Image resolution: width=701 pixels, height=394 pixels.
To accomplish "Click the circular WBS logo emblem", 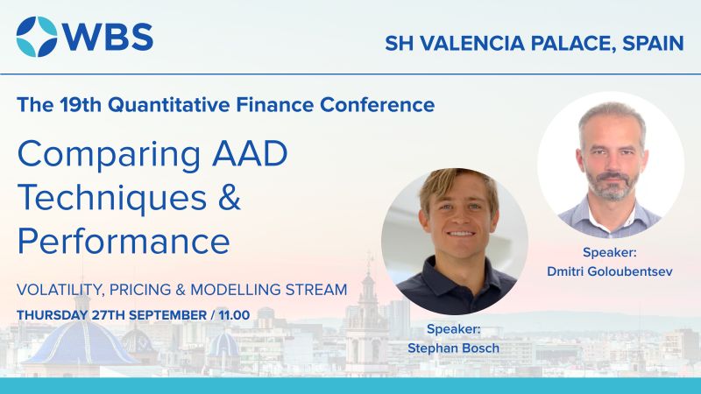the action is click(x=37, y=37).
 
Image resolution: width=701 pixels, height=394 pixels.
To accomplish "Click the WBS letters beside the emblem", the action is click(x=108, y=37).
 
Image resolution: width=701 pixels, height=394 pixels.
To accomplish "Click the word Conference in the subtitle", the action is click(x=378, y=104).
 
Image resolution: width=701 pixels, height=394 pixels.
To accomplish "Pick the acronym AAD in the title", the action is click(x=250, y=153).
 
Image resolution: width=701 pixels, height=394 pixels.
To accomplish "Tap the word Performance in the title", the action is click(x=124, y=241).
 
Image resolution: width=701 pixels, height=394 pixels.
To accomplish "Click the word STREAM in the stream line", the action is click(x=316, y=290).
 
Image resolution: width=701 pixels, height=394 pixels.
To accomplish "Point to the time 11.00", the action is click(x=234, y=315).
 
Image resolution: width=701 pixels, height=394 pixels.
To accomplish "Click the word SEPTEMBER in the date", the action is click(x=167, y=315).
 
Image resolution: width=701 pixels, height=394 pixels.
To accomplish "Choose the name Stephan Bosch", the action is click(x=453, y=348).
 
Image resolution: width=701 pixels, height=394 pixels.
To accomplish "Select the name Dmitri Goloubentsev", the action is click(x=610, y=271).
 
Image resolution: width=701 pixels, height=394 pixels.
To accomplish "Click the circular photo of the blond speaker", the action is click(x=455, y=242).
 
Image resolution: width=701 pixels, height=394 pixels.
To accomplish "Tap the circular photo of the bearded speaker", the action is click(x=611, y=165).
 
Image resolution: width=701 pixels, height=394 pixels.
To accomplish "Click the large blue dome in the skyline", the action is click(x=81, y=341).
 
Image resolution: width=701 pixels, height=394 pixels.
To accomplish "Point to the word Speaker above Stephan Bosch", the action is click(x=452, y=329).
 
